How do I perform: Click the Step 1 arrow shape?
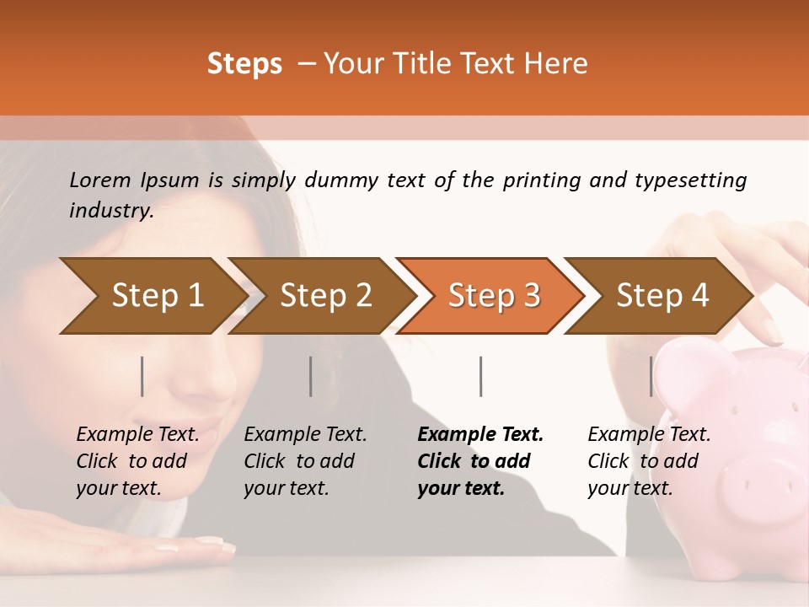(x=152, y=295)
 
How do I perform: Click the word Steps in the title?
(x=244, y=64)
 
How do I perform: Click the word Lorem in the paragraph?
(x=99, y=180)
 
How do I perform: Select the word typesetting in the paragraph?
(x=690, y=180)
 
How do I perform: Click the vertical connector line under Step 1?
(x=142, y=376)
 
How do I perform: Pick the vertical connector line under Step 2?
(x=311, y=376)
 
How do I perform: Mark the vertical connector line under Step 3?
(x=481, y=376)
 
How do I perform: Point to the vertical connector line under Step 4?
(x=651, y=376)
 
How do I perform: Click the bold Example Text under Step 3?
(x=480, y=461)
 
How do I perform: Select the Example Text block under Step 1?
(x=137, y=461)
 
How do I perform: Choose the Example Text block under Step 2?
(x=305, y=461)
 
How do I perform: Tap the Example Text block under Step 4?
(x=649, y=461)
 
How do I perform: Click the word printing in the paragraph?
(x=543, y=180)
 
